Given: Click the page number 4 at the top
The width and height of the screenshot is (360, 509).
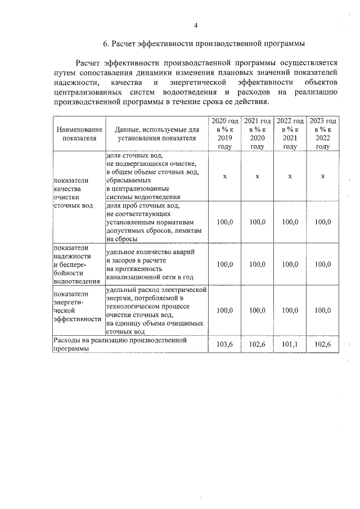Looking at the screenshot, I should pyautogui.click(x=195, y=25).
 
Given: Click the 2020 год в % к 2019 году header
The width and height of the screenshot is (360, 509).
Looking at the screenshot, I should pyautogui.click(x=224, y=133).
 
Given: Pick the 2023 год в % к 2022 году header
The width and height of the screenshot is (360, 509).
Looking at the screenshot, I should pyautogui.click(x=323, y=133).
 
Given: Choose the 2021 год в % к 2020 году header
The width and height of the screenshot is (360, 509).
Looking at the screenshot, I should pyautogui.click(x=257, y=133).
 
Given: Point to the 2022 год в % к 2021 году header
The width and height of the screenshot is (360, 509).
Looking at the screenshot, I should pyautogui.click(x=290, y=133).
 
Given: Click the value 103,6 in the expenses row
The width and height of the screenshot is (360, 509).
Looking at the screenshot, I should pyautogui.click(x=224, y=344).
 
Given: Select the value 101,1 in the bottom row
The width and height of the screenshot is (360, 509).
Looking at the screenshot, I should pyautogui.click(x=290, y=344).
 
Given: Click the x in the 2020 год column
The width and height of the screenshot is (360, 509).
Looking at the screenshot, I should pyautogui.click(x=224, y=176).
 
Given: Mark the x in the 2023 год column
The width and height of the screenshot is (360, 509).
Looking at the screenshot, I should pyautogui.click(x=323, y=176).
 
